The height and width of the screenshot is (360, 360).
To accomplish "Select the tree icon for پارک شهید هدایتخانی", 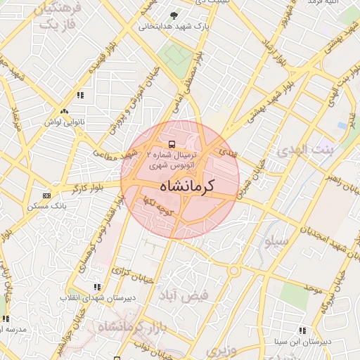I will [x=174, y=15].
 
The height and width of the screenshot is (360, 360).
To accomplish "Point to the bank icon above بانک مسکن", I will [x=46, y=195].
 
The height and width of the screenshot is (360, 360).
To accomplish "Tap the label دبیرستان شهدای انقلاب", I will [x=96, y=298].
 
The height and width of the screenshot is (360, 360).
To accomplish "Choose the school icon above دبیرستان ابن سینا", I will [x=302, y=330].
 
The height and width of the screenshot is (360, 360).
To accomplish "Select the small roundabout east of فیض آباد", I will [x=234, y=269].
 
